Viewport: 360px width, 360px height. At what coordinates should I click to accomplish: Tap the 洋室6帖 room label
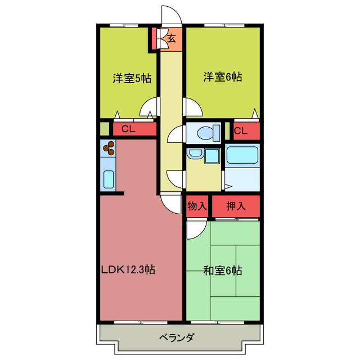(222, 78)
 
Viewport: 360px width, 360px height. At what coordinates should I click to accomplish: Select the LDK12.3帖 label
(128, 269)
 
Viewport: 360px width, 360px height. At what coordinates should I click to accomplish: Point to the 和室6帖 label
(222, 271)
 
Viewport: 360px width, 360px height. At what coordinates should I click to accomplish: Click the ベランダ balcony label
(176, 337)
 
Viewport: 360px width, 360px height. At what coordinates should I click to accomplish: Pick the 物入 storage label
(197, 206)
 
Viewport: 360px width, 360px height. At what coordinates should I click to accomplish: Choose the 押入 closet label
(236, 206)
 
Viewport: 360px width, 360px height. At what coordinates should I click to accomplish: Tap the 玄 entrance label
(172, 39)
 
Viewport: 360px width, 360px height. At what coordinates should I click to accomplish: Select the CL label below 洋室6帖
(241, 131)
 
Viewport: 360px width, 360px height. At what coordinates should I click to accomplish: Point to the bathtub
(242, 155)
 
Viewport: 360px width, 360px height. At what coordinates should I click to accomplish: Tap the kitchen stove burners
(109, 148)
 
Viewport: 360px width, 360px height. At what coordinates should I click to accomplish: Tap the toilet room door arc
(175, 135)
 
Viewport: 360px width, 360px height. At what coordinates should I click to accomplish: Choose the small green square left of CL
(104, 128)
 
